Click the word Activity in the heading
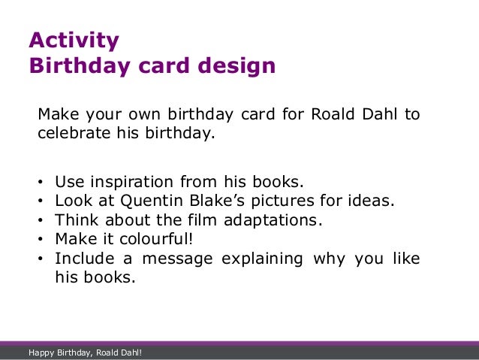[x=74, y=40]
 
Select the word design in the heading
[x=239, y=66]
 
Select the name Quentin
[x=152, y=202]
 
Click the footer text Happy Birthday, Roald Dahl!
[x=85, y=352]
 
